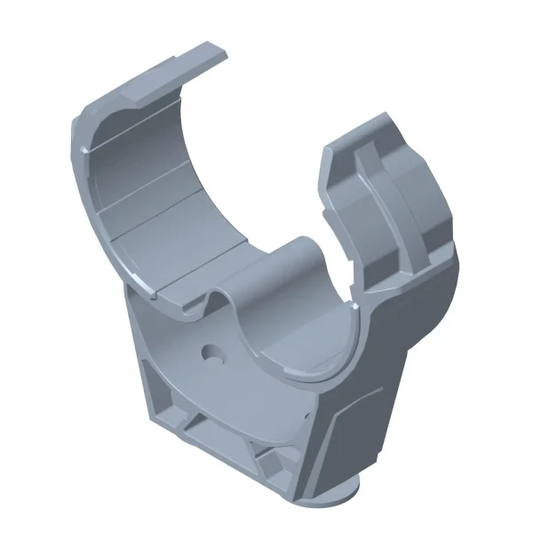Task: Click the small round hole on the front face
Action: point(214,352)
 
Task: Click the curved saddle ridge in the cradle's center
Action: point(266,266)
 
